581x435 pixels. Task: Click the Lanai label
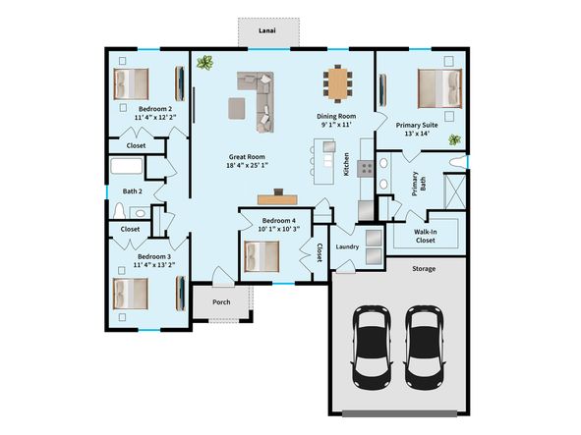point(267,31)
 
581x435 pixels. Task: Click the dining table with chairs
point(339,82)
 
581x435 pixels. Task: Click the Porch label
point(221,301)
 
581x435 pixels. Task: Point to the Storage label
point(424,268)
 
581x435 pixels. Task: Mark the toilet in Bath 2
point(120,210)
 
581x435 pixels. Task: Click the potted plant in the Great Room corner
point(204,64)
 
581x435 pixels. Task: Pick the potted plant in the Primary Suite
point(454,139)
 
